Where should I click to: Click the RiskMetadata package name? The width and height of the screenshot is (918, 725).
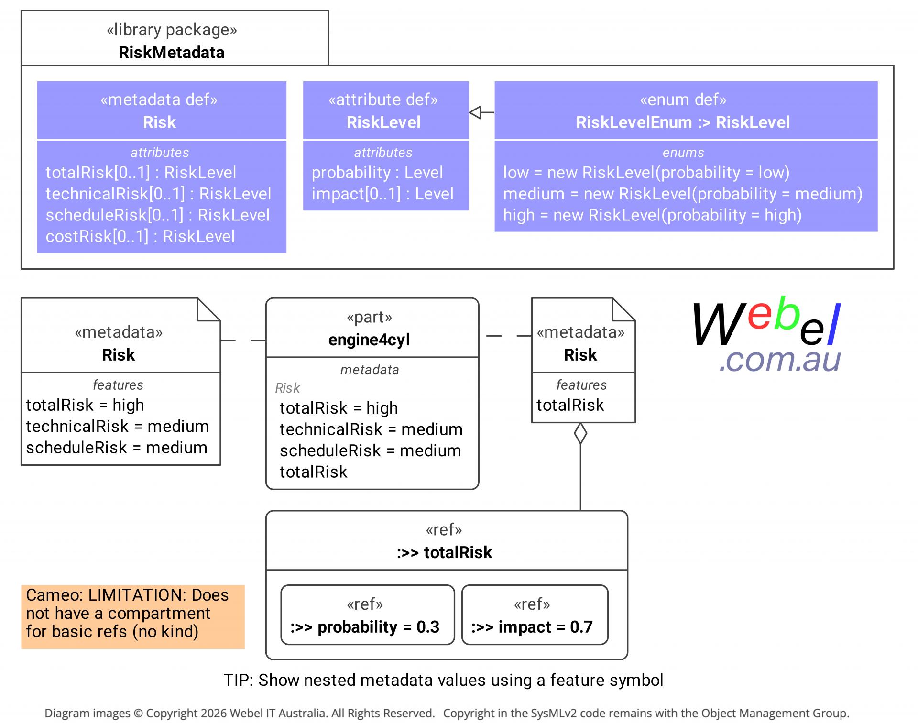171,52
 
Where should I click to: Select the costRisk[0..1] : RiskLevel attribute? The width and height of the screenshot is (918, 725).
140,236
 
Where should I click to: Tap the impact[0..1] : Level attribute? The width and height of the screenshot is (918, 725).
382,194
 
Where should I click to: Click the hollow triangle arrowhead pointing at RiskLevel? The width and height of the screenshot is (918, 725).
475,112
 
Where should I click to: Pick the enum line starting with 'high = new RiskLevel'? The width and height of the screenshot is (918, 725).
652,215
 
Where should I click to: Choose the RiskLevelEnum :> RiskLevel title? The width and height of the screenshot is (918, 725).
683,122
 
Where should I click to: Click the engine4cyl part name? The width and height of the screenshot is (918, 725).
369,340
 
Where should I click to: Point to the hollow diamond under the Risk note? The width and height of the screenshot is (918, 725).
580,433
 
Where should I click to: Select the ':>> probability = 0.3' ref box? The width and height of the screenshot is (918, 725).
367,615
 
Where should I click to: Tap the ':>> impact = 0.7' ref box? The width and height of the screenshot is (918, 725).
535,615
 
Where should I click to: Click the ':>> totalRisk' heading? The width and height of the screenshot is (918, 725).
444,552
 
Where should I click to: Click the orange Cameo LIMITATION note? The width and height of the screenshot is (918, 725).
133,616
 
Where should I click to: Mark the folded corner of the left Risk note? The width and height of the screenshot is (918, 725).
208,309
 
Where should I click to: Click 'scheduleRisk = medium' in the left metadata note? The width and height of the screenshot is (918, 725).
117,448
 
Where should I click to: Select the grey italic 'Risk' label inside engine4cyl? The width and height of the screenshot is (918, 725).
287,388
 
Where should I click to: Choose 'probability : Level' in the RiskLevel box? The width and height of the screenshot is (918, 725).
377,172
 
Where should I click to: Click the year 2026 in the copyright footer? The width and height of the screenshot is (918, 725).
214,713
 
